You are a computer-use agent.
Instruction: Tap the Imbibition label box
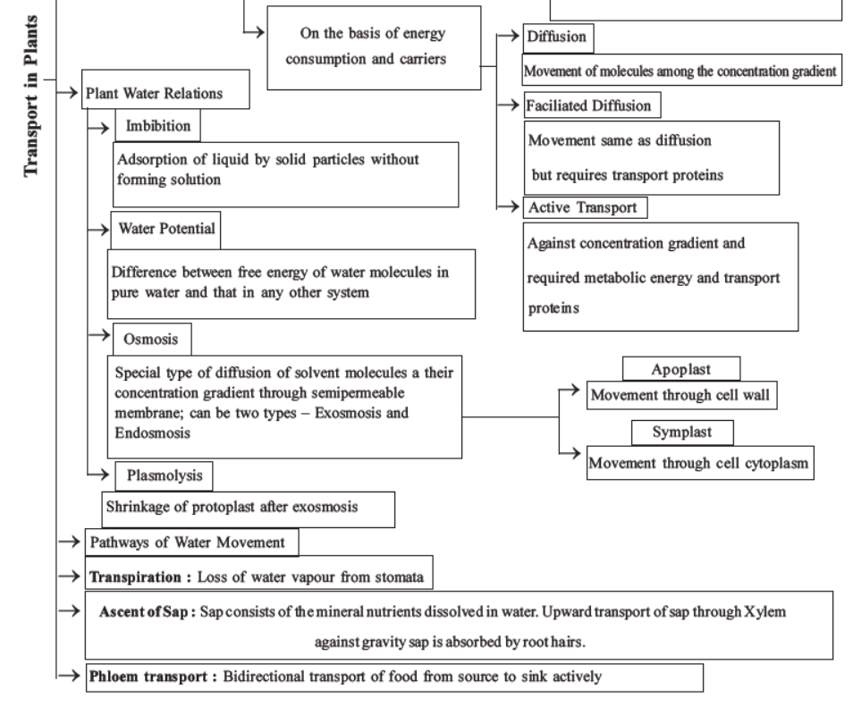pos(157,126)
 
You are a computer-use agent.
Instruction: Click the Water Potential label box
pos(166,229)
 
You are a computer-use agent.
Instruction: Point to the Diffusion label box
pos(559,38)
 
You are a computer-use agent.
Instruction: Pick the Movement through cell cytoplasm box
pos(700,463)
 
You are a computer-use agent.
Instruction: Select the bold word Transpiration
pos(139,576)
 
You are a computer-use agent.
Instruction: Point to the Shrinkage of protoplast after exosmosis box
pos(248,508)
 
